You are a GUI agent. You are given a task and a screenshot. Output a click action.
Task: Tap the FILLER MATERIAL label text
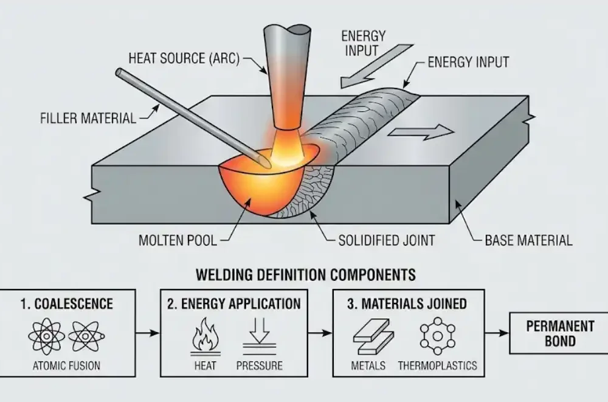[88, 117]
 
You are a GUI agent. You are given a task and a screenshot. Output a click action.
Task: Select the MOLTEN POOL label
[178, 240]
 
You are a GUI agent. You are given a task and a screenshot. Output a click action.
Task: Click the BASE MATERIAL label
[528, 240]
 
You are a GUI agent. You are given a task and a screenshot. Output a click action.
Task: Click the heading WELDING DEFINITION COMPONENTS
[305, 274]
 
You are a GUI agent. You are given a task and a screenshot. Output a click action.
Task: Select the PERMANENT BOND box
[559, 333]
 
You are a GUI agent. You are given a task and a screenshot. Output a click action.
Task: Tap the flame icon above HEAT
[204, 336]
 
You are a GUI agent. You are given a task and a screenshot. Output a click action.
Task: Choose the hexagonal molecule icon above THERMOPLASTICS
[437, 336]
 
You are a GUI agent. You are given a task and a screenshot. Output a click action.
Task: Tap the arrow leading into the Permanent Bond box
[497, 333]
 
